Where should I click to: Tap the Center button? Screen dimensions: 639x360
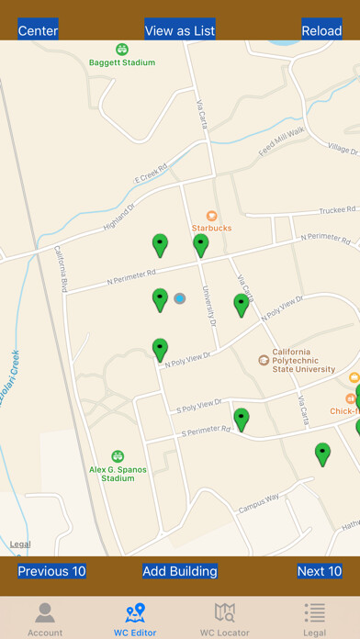38,30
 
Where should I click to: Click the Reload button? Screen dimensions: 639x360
321,30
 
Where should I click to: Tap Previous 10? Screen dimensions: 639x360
51,571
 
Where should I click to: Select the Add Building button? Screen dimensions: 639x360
180,571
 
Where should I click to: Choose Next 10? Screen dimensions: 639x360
320,571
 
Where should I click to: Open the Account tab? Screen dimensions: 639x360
45,619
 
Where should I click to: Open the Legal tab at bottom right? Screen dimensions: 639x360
315,619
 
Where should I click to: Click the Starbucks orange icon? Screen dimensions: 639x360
211,215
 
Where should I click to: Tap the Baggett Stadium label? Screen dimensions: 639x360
122,62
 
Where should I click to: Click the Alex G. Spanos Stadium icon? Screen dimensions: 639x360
118,456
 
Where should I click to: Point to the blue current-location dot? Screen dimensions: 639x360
180,298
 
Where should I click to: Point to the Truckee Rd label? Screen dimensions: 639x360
325,211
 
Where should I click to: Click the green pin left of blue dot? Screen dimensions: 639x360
160,298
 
